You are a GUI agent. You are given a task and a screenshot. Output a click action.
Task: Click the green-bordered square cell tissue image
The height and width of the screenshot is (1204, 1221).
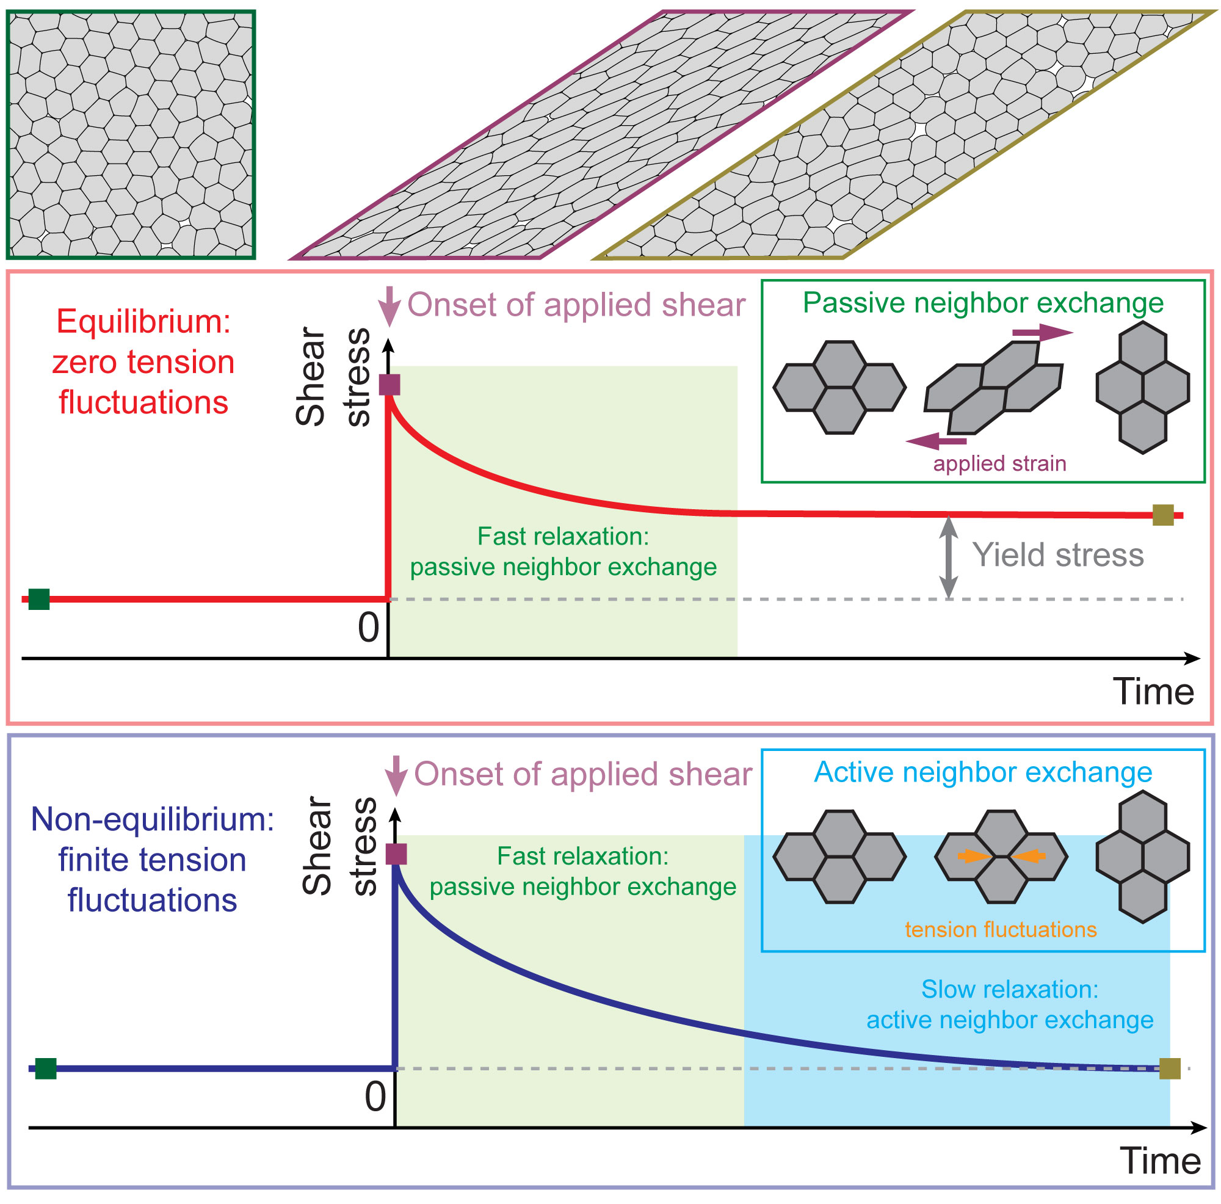pyautogui.click(x=131, y=134)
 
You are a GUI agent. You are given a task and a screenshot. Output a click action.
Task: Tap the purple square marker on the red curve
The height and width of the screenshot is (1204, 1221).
pyautogui.click(x=389, y=384)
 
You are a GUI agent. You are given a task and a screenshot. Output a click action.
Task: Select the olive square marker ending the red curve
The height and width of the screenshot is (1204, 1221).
pyautogui.click(x=1163, y=515)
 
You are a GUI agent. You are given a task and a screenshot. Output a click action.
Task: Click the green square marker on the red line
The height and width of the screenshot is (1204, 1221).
pyautogui.click(x=39, y=598)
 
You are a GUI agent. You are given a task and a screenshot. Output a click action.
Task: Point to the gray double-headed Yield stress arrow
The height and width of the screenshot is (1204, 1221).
pyautogui.click(x=948, y=557)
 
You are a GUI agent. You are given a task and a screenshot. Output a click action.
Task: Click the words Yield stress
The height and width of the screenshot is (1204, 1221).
pyautogui.click(x=1058, y=555)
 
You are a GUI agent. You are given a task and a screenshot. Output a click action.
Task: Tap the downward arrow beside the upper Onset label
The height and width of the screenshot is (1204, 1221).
pyautogui.click(x=389, y=306)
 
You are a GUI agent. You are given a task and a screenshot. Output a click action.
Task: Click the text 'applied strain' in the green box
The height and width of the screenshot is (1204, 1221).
pyautogui.click(x=1000, y=463)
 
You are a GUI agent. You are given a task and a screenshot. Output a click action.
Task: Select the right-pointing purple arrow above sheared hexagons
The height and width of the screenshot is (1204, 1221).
pyautogui.click(x=1042, y=332)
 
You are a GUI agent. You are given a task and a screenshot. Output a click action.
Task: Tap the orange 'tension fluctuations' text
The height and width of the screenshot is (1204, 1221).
pyautogui.click(x=1001, y=929)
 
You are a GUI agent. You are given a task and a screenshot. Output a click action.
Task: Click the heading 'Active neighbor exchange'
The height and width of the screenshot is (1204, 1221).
pyautogui.click(x=983, y=772)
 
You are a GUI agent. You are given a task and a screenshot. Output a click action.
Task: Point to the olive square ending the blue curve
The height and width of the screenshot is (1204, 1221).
pyautogui.click(x=1170, y=1068)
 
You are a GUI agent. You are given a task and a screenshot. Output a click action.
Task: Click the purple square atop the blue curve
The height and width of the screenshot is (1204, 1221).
pyautogui.click(x=396, y=854)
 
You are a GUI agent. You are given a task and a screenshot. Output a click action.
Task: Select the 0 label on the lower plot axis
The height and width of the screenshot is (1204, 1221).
pyautogui.click(x=375, y=1097)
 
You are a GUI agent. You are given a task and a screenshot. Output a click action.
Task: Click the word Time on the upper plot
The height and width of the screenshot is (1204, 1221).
pyautogui.click(x=1153, y=691)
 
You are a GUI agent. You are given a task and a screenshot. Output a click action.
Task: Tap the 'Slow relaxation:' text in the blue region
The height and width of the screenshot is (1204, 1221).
pyautogui.click(x=1010, y=989)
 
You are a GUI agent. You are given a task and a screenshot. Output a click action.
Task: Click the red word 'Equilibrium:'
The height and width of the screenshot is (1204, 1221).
pyautogui.click(x=143, y=321)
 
